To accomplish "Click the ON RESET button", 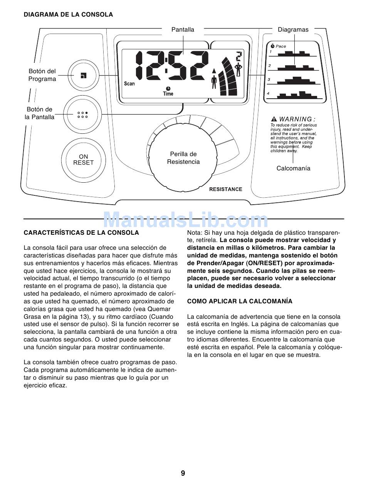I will (83, 160).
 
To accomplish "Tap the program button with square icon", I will (83, 76).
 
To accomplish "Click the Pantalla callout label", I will (183, 30).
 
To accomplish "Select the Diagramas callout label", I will (293, 30).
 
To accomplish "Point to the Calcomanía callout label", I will (293, 168).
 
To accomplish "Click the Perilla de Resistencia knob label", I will (183, 158).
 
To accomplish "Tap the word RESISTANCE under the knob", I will (226, 189).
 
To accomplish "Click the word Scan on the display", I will (129, 84).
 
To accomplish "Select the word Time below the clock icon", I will (168, 94).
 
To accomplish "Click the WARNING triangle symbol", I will (274, 119).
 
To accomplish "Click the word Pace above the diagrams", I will (281, 46).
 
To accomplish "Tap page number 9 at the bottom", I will (183, 473).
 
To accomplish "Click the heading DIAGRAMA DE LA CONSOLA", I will (68, 15).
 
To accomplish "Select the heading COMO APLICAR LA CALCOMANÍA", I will (240, 301).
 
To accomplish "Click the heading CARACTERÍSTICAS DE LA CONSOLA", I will (81, 233).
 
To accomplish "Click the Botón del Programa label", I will (42, 75).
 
